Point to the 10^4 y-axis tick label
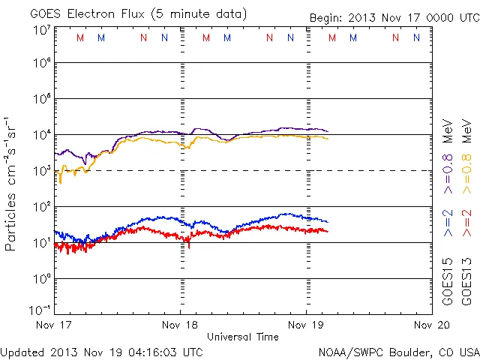click(x=41, y=135)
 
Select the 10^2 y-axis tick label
click(x=41, y=206)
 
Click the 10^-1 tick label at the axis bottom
click(x=40, y=310)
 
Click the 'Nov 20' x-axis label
click(x=430, y=325)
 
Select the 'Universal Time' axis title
click(x=243, y=337)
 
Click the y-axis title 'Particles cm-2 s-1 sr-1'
click(x=11, y=184)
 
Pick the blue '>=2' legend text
click(x=448, y=223)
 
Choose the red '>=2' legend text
click(x=466, y=223)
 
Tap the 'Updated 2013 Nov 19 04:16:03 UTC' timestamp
click(x=101, y=352)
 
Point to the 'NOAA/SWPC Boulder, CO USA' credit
click(x=397, y=352)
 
